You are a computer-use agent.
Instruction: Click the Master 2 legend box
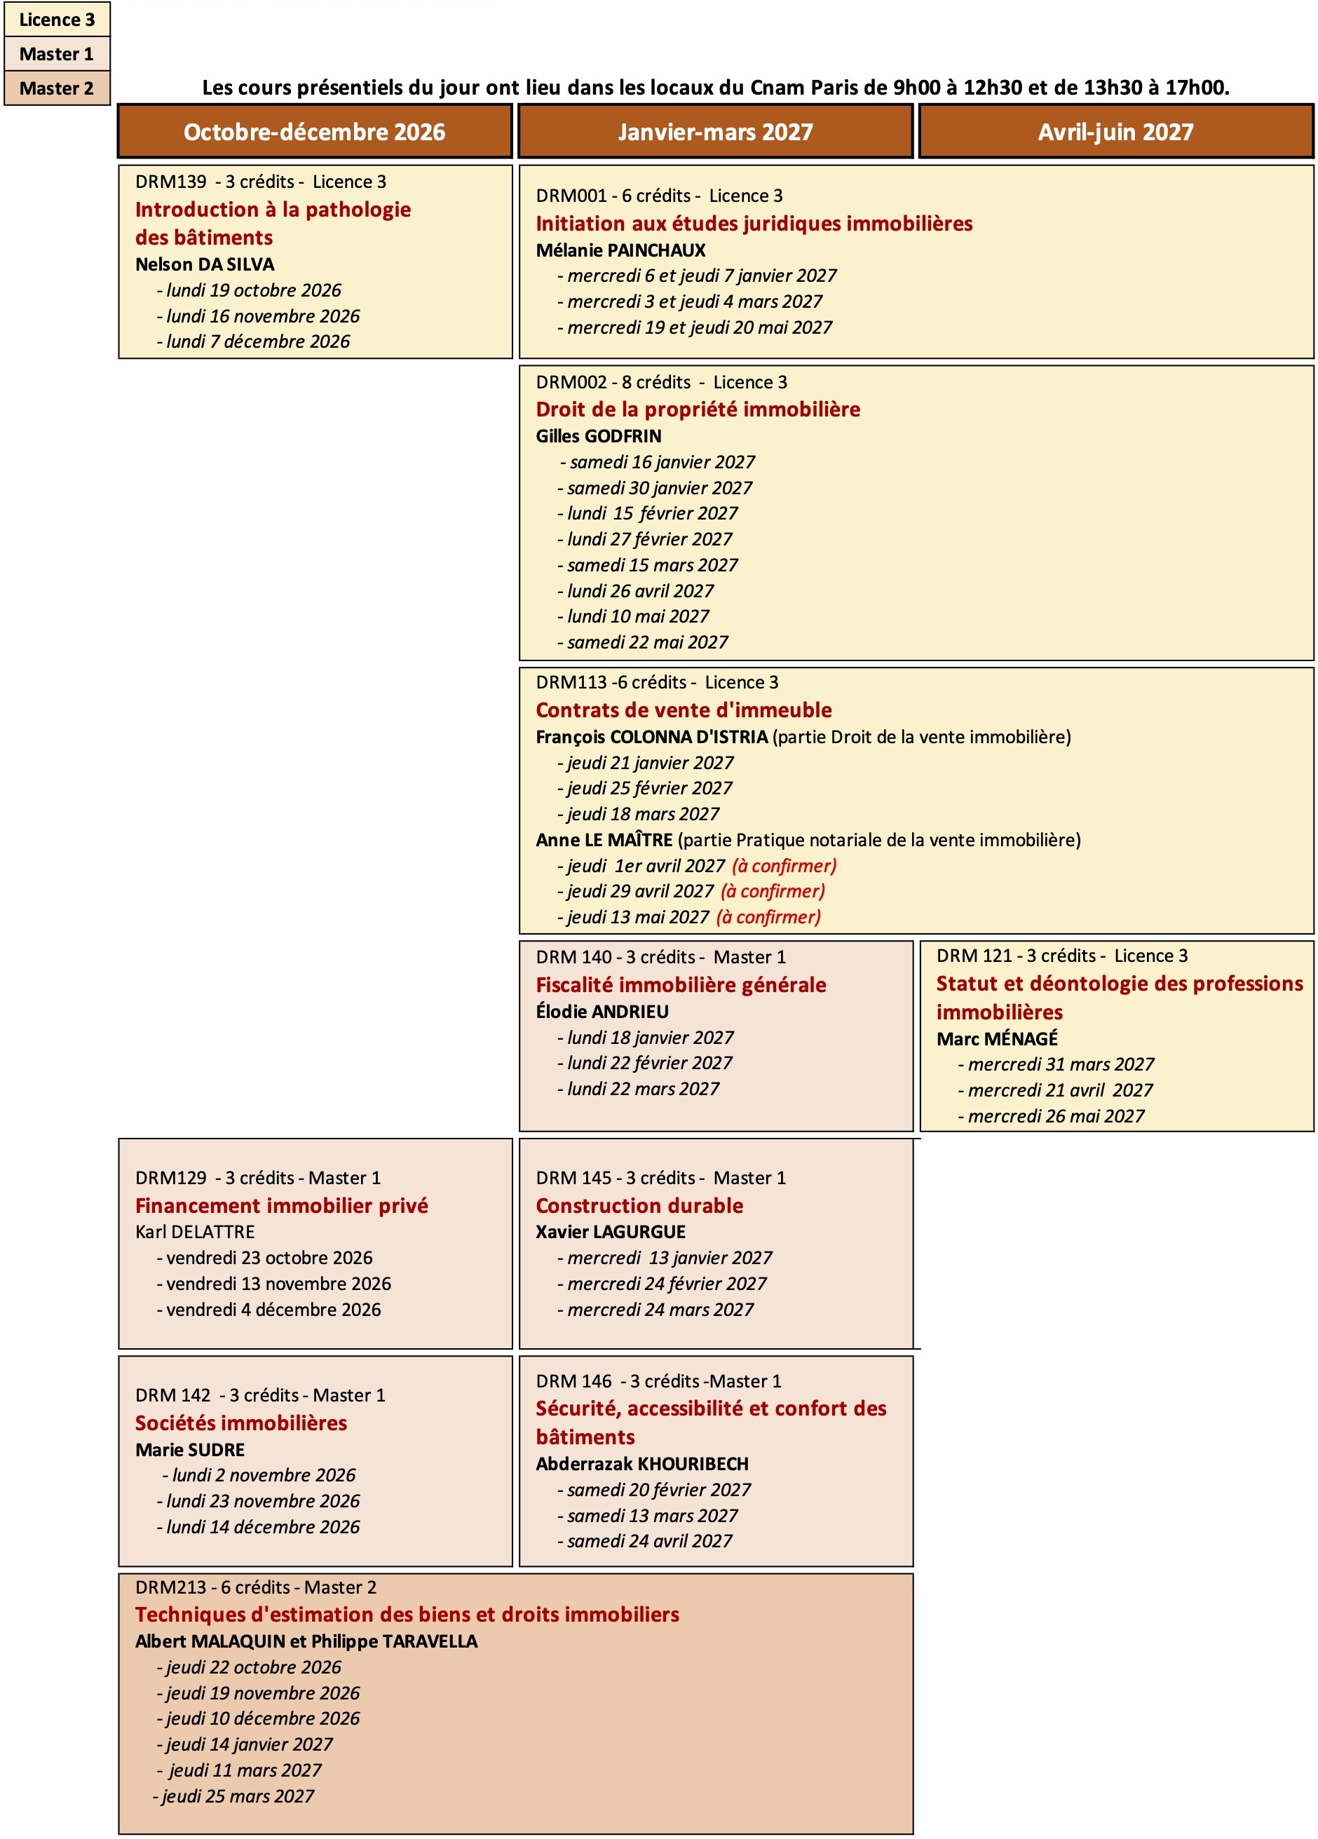[57, 88]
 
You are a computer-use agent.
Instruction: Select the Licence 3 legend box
[57, 20]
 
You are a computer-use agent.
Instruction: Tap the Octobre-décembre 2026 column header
[315, 131]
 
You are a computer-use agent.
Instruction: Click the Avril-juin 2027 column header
[1115, 131]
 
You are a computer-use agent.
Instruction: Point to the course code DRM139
[171, 182]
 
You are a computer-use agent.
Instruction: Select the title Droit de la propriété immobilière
[698, 409]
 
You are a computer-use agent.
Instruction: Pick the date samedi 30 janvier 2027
[660, 488]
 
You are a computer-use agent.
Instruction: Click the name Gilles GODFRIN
[598, 436]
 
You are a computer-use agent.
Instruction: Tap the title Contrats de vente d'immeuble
[684, 710]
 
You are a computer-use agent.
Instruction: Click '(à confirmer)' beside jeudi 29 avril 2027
[773, 891]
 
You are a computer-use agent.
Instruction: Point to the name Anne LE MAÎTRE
[604, 840]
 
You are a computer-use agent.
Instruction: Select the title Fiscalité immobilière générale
[681, 985]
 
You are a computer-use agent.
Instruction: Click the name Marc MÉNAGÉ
[997, 1039]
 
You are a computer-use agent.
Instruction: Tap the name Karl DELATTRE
[194, 1232]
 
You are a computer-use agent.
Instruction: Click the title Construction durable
[639, 1206]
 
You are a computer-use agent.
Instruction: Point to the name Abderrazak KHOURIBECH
[642, 1464]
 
